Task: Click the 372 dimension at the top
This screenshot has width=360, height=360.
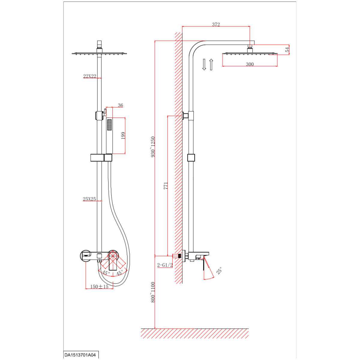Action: click(x=216, y=25)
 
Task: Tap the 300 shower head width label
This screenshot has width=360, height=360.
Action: click(x=250, y=64)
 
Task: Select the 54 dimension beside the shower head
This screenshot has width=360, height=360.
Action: click(x=287, y=49)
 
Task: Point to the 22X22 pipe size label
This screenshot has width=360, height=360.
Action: click(x=90, y=76)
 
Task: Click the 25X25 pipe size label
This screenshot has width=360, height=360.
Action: click(x=89, y=199)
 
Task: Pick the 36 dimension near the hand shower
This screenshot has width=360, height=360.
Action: click(x=121, y=105)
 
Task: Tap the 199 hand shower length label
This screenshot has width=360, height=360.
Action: click(x=123, y=136)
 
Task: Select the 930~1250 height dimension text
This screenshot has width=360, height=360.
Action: click(x=153, y=147)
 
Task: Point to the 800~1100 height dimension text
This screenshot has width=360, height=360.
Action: click(x=153, y=292)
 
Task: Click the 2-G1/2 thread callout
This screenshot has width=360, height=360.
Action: click(x=165, y=265)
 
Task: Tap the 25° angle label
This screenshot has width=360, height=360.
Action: click(x=219, y=271)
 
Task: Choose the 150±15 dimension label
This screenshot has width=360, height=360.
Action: click(x=99, y=286)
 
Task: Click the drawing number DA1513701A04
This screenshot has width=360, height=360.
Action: click(x=80, y=355)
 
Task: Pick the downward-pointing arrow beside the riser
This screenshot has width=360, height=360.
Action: click(x=204, y=64)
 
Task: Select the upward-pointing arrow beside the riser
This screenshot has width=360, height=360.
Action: click(x=211, y=64)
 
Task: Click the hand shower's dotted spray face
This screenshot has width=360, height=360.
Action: click(x=109, y=125)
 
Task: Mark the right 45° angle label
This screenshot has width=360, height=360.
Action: click(x=120, y=273)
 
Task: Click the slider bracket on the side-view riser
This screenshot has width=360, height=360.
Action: click(x=191, y=158)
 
